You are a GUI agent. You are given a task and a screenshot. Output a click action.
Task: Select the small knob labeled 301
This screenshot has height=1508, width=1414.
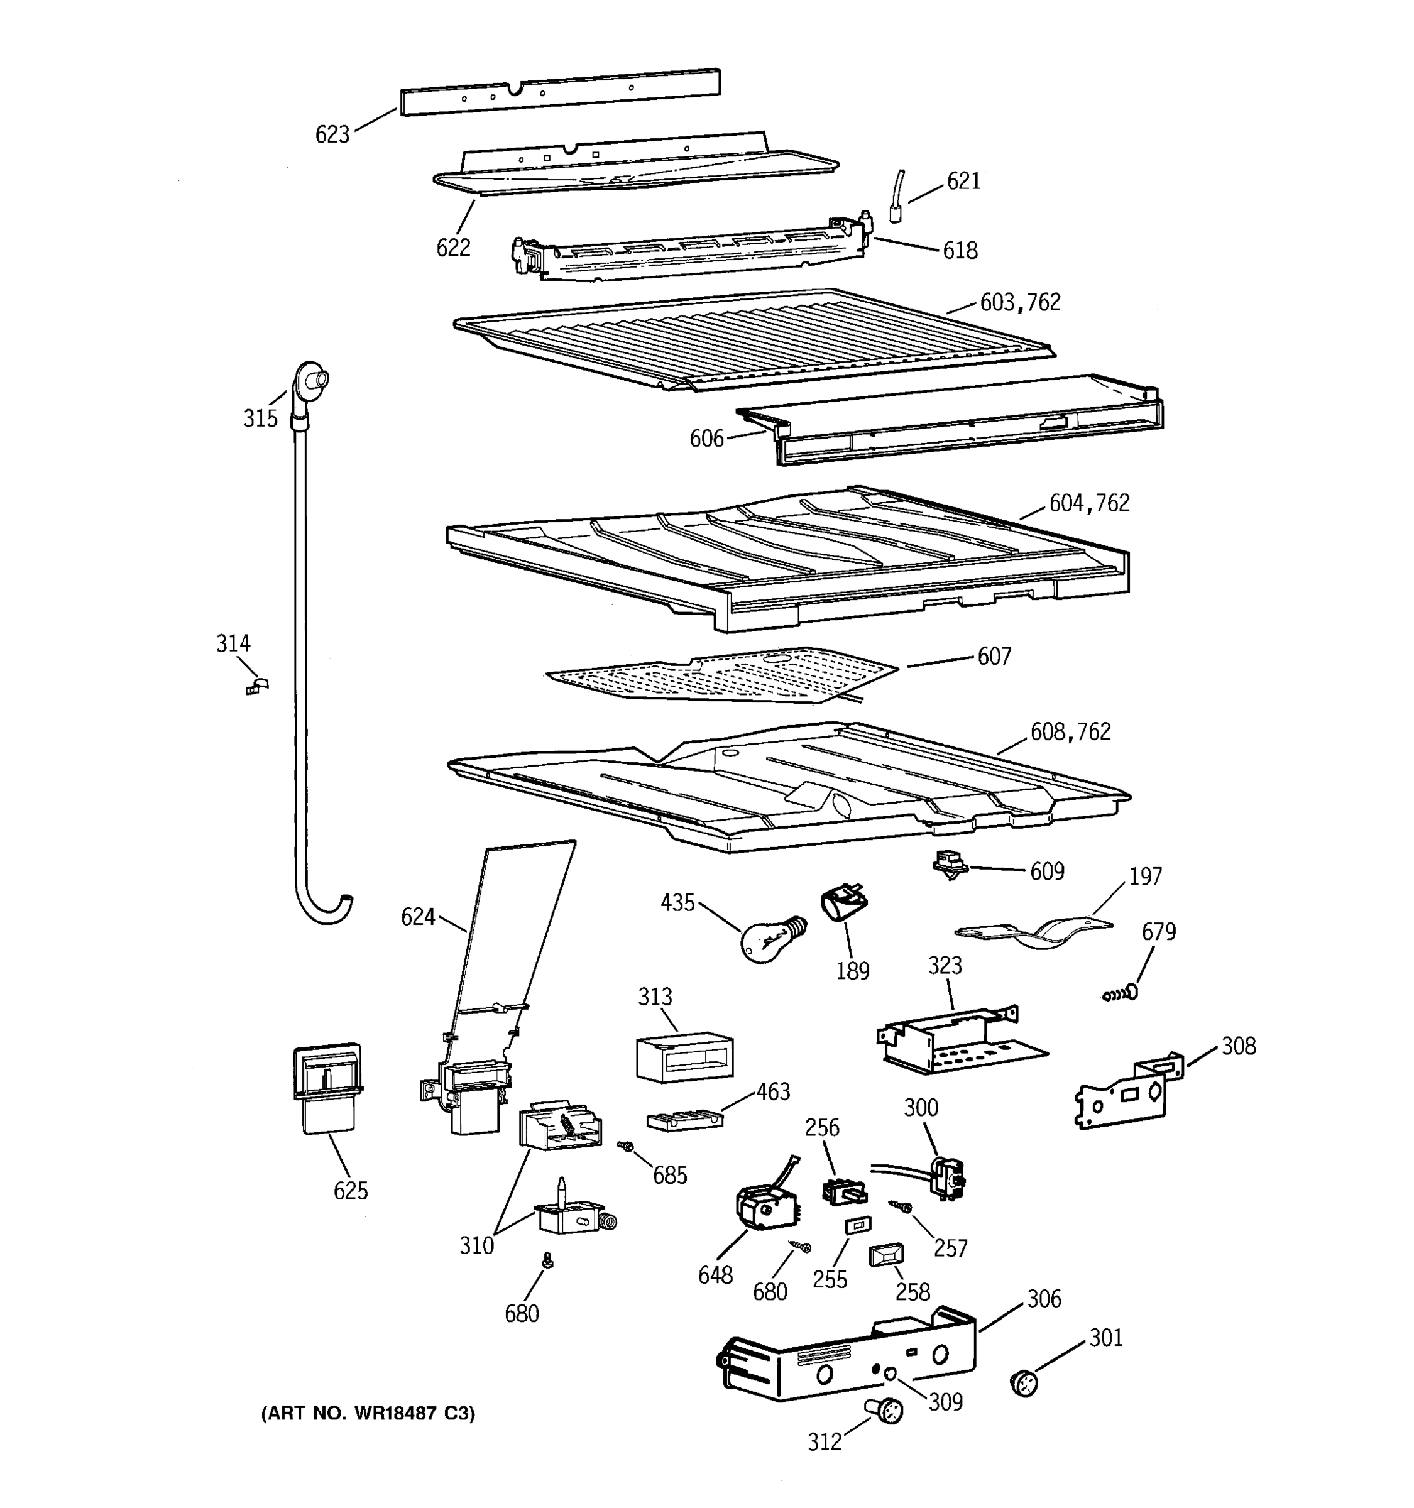point(1024,1382)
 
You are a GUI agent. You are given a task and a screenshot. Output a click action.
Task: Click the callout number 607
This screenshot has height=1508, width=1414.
point(994,656)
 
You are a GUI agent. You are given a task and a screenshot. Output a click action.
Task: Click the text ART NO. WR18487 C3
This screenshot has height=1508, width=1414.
point(368,1413)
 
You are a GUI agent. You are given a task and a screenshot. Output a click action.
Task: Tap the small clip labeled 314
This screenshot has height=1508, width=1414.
point(258,686)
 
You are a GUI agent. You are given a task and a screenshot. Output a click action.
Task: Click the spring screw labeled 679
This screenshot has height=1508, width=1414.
point(1121,993)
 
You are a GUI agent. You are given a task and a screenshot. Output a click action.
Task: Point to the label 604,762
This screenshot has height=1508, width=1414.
point(1089,503)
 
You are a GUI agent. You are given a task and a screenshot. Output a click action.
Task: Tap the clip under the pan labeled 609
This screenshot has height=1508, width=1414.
point(949,865)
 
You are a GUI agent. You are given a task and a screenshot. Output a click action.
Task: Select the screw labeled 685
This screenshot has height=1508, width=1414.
point(626,1146)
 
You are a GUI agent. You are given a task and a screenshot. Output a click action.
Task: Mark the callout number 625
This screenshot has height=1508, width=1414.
point(351,1190)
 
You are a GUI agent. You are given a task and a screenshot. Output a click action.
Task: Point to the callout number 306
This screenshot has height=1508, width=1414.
point(1044,1298)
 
